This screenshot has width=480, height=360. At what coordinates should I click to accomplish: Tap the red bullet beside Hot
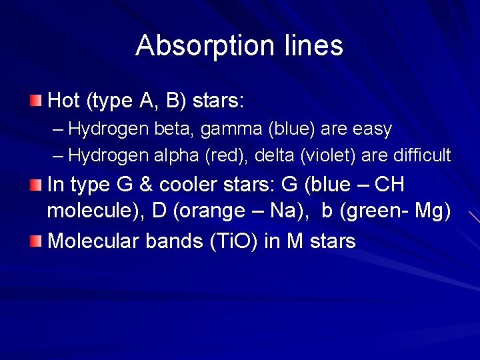tap(35, 101)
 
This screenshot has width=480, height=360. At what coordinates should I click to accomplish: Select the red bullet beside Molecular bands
tap(35, 240)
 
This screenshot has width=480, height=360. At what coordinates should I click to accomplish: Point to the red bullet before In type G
tap(35, 184)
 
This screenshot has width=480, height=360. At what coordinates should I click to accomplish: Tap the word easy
tap(371, 129)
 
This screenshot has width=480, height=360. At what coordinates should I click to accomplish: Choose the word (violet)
tap(329, 155)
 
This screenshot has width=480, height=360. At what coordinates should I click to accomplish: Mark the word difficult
tap(422, 155)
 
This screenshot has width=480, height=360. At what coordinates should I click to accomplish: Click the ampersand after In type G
tap(149, 184)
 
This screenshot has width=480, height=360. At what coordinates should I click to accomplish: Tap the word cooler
tap(193, 184)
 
